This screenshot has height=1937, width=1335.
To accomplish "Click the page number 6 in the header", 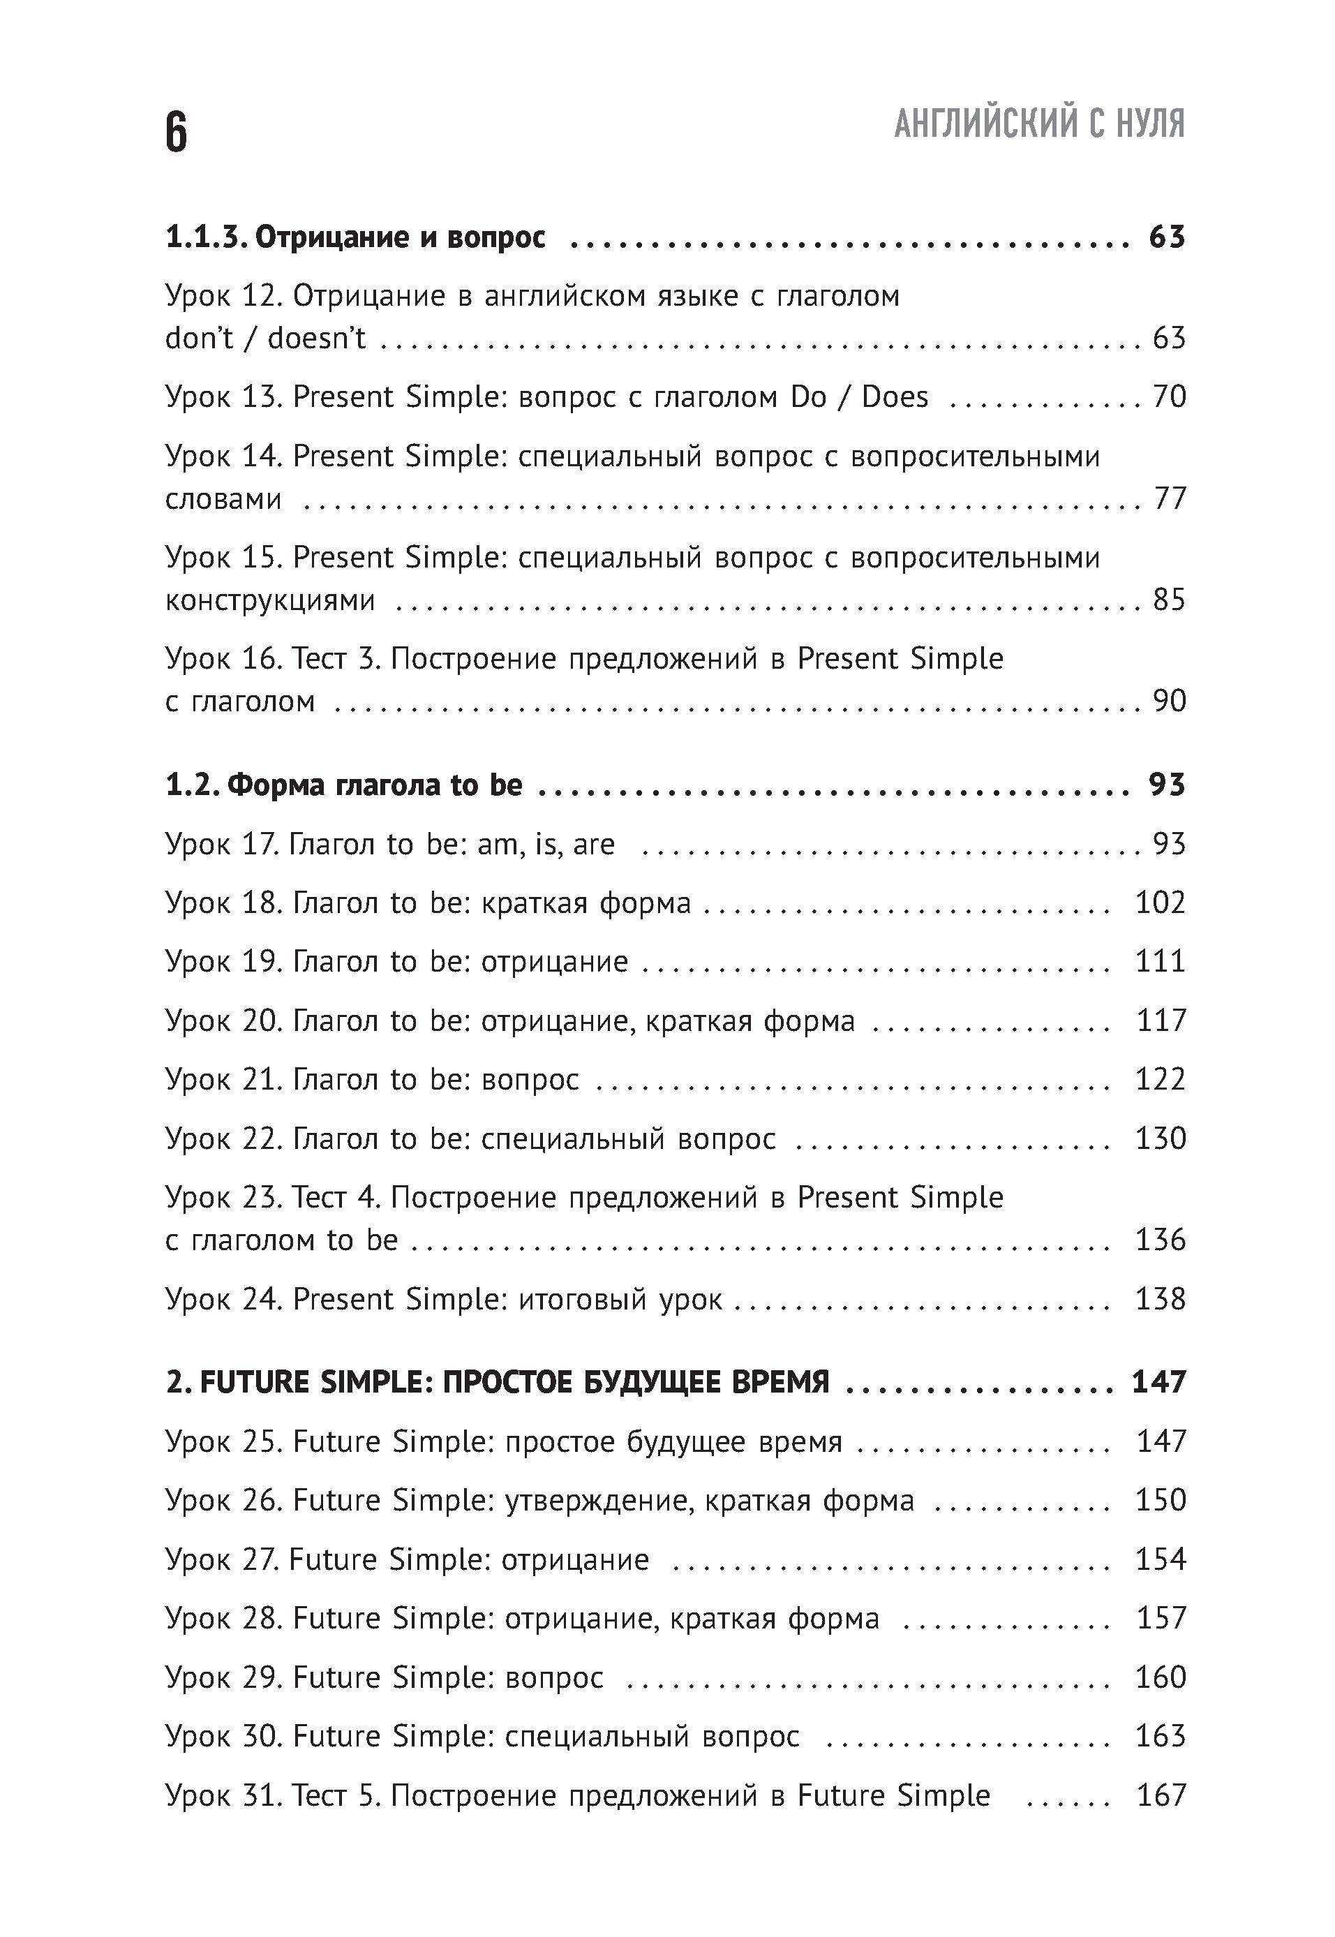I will coord(177,132).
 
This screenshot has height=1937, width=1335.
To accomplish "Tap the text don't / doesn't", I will coord(265,338).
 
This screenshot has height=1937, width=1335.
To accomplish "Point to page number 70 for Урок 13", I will coord(1168,396).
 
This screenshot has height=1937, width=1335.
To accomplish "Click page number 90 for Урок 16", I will coord(1168,702).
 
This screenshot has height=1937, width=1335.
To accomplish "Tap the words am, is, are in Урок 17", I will coord(546,844).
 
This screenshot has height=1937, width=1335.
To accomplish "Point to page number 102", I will coord(1159,903).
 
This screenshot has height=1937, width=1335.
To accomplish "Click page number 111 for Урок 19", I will coord(1159,961).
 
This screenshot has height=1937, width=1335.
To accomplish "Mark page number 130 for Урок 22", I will coord(1159,1138).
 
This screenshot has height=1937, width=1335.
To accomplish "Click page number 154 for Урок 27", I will coord(1159,1559).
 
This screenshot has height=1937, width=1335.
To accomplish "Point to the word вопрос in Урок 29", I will coord(553,1677).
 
